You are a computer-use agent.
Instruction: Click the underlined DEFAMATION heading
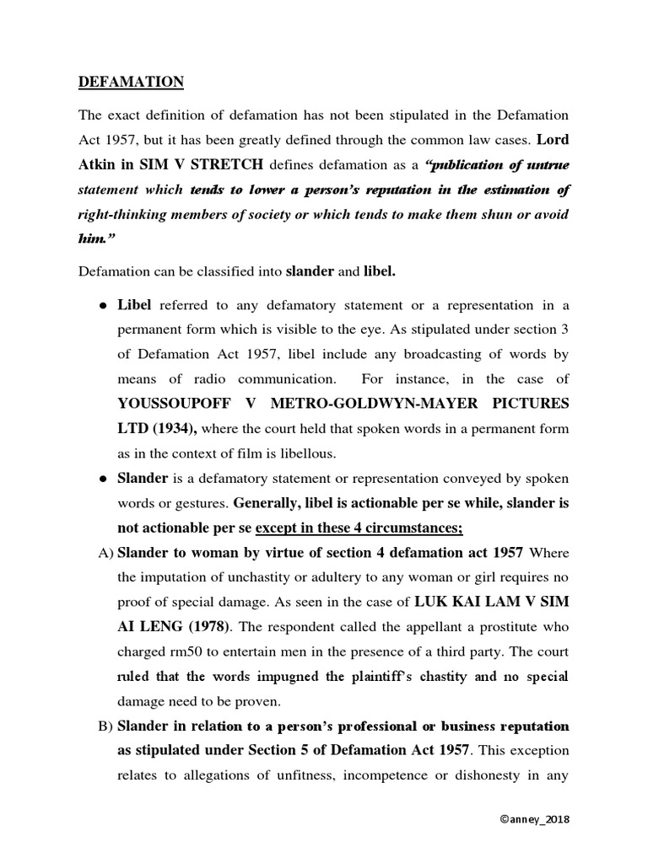coord(131,82)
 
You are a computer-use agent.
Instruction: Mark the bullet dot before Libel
coord(103,305)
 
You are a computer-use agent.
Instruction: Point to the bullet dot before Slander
coord(103,480)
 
